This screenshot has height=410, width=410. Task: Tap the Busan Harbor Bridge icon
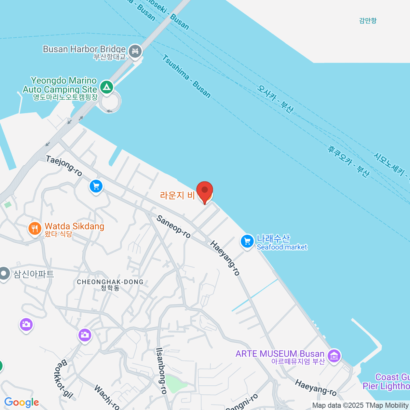136,51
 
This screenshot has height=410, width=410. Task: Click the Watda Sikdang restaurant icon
35,229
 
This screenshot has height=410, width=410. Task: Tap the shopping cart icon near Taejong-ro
96,186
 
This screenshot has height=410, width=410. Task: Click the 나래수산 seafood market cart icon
247,241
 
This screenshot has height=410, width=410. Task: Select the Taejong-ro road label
64,166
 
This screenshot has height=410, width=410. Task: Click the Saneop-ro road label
174,226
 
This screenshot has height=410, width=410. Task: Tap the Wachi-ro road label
107,397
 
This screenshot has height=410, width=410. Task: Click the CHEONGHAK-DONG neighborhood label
110,282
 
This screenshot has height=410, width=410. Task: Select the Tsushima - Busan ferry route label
186,76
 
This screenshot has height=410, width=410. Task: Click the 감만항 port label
368,20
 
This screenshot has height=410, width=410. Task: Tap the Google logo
22,402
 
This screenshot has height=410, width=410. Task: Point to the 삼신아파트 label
33,274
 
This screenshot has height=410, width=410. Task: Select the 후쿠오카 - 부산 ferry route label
348,161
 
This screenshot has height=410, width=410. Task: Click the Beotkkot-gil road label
63,379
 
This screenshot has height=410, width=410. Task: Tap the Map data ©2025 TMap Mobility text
360,406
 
